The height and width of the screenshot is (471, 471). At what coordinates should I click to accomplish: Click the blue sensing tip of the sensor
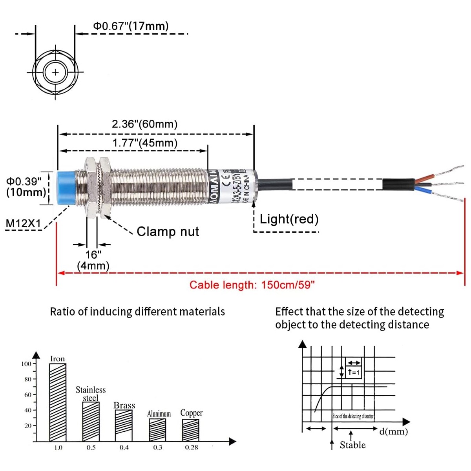click(68, 188)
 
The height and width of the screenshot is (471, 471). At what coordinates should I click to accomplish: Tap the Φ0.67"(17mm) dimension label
click(131, 26)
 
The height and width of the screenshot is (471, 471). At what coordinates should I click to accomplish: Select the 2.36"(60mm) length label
click(144, 124)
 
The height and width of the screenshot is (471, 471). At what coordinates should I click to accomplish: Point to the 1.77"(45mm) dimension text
click(145, 143)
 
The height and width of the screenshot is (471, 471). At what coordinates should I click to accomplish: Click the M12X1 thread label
click(23, 224)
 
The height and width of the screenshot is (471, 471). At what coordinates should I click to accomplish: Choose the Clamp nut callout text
click(168, 232)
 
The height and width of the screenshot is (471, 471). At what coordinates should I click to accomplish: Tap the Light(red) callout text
click(289, 219)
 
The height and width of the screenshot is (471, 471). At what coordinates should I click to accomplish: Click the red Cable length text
click(252, 285)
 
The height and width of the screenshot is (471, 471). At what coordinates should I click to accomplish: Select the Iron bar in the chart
click(58, 402)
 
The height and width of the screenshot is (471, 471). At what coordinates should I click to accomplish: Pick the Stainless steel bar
click(91, 421)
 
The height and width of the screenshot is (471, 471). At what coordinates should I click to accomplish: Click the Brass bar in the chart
click(124, 425)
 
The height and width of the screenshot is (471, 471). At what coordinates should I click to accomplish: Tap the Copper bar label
click(191, 413)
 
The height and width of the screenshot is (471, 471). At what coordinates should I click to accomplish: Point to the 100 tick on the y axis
click(26, 364)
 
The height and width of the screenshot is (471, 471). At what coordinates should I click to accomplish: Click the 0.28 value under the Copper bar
click(191, 447)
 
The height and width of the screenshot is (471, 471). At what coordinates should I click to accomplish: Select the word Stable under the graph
click(352, 445)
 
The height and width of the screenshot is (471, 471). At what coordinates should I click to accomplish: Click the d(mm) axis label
click(393, 432)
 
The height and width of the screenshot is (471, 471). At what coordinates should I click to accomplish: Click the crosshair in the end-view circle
click(55, 72)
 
